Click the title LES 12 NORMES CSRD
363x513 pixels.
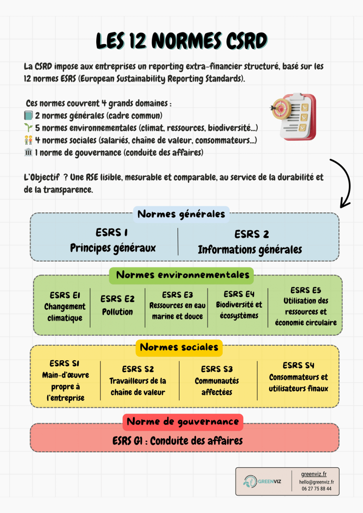(x=181, y=41)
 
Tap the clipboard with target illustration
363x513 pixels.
(x=293, y=116)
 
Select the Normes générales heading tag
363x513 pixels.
(x=181, y=214)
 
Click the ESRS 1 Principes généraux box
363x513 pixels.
(x=113, y=240)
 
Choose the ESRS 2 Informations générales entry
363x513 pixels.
(x=250, y=241)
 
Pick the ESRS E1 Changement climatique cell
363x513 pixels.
(x=65, y=306)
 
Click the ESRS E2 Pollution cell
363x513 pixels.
(x=117, y=305)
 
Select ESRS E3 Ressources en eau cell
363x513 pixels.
(x=177, y=306)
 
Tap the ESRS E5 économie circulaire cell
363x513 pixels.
(x=305, y=306)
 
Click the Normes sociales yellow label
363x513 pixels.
(x=179, y=347)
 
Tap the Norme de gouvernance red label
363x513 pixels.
(x=183, y=422)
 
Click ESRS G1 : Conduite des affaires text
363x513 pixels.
(x=177, y=441)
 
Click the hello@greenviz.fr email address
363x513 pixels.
(x=317, y=481)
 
